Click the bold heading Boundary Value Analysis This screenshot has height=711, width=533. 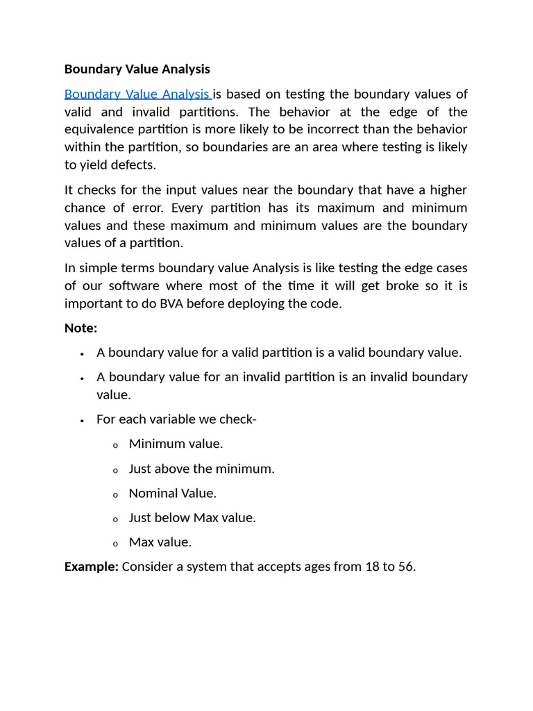[137, 69]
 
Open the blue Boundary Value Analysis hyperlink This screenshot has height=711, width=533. [137, 94]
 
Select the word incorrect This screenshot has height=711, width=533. [364, 129]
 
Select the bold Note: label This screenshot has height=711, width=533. [81, 327]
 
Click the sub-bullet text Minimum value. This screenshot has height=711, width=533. [176, 444]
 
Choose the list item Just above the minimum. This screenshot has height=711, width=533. [201, 469]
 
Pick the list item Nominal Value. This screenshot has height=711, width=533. [172, 493]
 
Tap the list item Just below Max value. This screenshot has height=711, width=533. [192, 517]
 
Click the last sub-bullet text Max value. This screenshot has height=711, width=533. [160, 542]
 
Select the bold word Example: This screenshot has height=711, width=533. [92, 567]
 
